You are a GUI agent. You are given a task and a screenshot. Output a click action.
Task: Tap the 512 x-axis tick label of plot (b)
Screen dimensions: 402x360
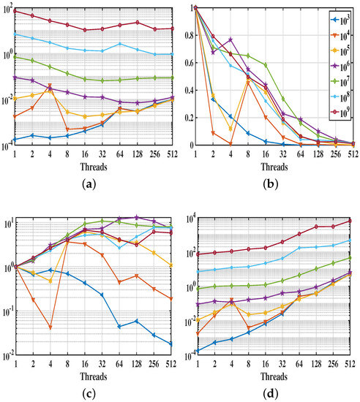click(352, 155)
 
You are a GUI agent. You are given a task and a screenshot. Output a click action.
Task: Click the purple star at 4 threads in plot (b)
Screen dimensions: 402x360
click(230, 39)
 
